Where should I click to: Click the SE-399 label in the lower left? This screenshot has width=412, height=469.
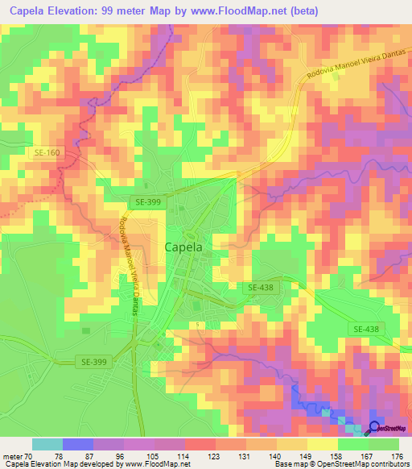pos(93,362)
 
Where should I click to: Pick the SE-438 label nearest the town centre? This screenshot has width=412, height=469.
pos(262,287)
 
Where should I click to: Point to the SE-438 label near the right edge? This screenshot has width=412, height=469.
pos(366,329)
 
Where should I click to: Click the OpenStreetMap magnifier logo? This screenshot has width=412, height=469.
pos(375,428)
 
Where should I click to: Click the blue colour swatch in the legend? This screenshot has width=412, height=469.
pos(78,444)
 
